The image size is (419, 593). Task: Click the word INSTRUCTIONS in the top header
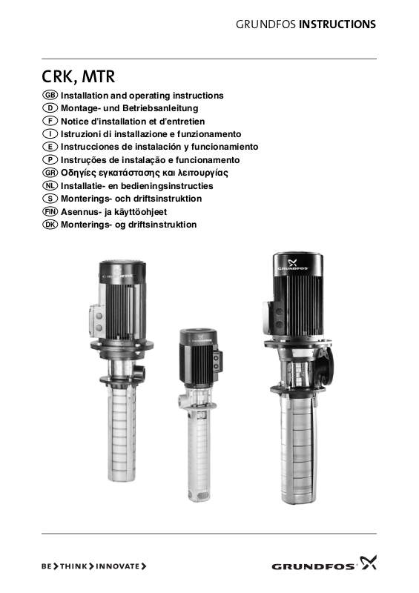click(337, 24)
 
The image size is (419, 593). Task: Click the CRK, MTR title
click(78, 77)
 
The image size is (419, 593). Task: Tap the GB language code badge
click(50, 95)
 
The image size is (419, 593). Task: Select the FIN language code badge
click(50, 211)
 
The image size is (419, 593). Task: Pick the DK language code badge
click(50, 225)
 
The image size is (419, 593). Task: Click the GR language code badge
click(50, 173)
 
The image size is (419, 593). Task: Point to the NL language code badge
click(50, 185)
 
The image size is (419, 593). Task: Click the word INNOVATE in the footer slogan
click(118, 566)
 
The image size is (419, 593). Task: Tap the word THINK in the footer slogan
click(73, 566)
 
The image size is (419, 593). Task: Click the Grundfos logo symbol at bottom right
click(369, 562)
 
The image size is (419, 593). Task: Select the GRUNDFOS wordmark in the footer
click(314, 566)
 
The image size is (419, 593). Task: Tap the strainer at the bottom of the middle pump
click(197, 494)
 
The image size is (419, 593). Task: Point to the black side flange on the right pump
click(326, 365)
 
